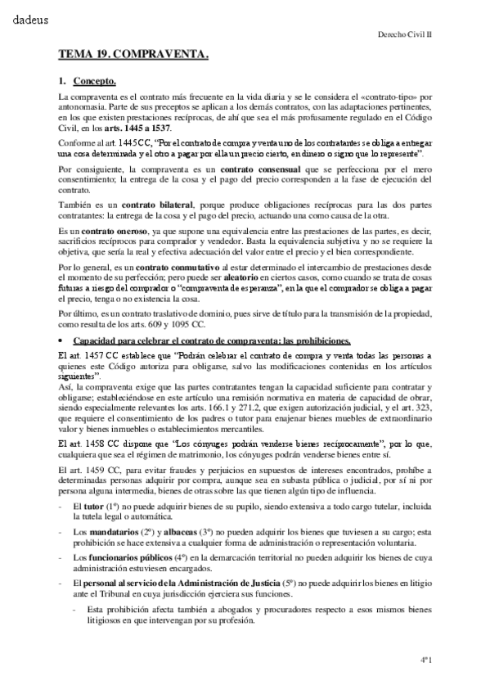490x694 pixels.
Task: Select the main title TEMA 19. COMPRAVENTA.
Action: (133, 55)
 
